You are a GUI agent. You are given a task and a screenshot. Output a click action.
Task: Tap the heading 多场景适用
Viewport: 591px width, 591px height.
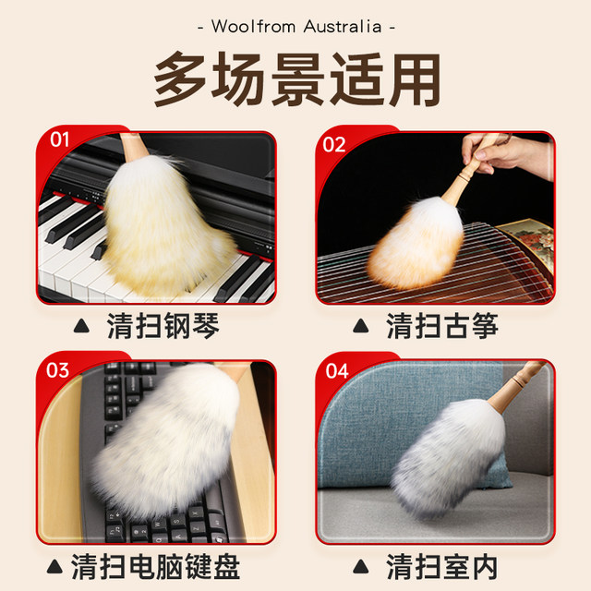coord(295,80)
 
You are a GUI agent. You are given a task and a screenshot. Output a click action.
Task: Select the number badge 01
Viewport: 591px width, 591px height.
coord(60,141)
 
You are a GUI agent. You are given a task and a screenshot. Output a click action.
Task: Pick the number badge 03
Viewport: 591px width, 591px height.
coord(57,370)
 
